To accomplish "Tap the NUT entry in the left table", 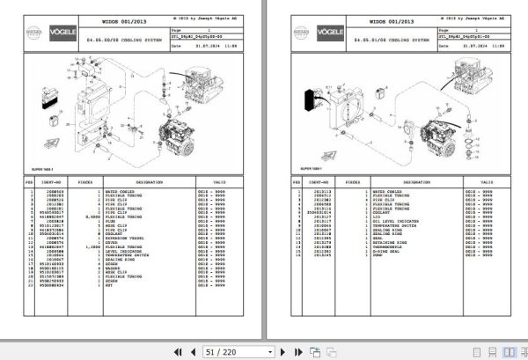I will coord(108,287).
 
